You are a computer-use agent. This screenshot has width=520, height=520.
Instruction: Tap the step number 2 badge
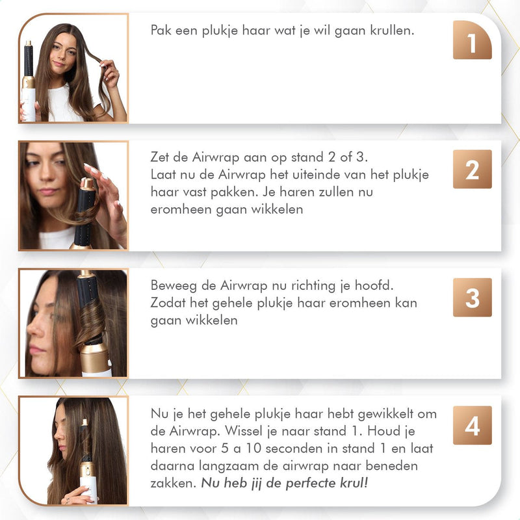(x=472, y=169)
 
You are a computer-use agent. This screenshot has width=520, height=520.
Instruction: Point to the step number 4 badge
(x=472, y=425)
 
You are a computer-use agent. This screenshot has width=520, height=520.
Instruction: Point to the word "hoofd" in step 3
(x=379, y=287)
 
